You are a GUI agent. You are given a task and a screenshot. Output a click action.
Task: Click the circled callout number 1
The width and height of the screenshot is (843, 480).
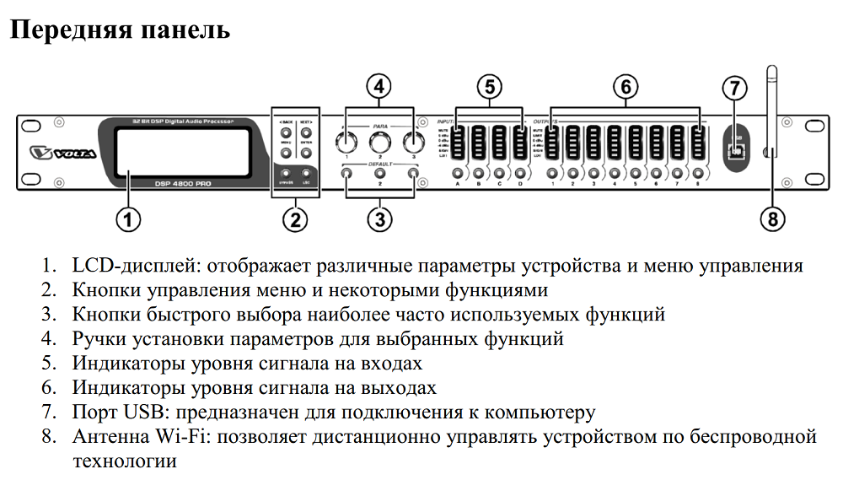[x=126, y=220]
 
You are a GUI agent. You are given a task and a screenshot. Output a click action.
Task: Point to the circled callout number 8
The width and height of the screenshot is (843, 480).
[x=772, y=220]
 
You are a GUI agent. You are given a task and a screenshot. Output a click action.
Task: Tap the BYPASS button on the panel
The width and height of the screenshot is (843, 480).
[x=285, y=175]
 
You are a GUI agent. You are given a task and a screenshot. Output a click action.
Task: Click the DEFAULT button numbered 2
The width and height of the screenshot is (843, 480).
[x=379, y=174]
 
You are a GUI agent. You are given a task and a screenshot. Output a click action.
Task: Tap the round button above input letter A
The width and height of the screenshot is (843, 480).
[x=458, y=174]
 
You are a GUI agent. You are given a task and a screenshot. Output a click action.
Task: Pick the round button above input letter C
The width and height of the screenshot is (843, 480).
[x=499, y=174]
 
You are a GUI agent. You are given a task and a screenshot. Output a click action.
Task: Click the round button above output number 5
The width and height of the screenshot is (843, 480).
[x=635, y=174]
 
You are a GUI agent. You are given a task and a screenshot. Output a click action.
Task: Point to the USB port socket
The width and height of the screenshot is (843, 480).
[x=737, y=151]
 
